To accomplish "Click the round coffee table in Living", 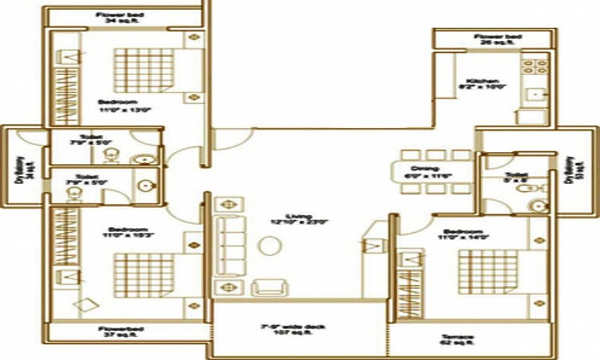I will pos(268,246).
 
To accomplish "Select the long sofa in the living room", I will pos(227,245).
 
